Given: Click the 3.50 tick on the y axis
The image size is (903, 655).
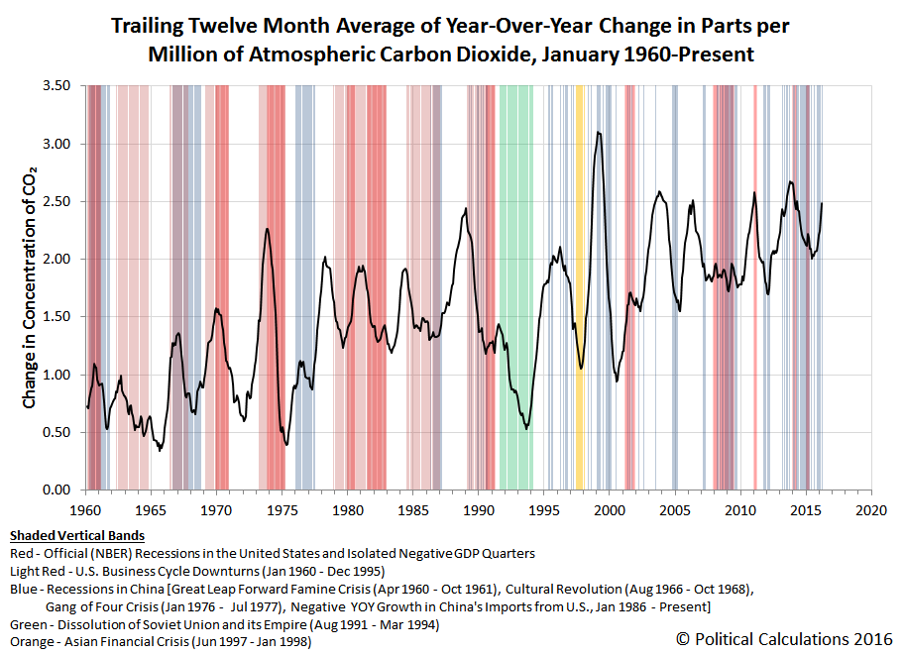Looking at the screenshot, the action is pos(56,86).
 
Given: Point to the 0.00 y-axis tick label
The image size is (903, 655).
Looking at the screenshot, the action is pos(56,490).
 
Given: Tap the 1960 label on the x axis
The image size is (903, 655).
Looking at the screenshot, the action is pos(85,510).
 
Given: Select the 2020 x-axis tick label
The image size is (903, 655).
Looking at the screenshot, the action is pos(871,510).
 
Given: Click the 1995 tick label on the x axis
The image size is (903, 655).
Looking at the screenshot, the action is pos(543,510).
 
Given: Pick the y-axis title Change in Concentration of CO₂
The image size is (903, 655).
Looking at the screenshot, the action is pos(30,287).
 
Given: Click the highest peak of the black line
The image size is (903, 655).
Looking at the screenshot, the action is pos(599,133).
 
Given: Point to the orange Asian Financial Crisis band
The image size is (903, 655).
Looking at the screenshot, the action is pos(580,287).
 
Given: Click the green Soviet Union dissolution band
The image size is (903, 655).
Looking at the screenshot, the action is pos(516,287).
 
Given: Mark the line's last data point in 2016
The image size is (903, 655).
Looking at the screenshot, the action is pos(822,203).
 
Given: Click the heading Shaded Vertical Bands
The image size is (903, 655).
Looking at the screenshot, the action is pos(77,536).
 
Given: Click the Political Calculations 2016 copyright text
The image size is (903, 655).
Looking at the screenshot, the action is pos(784,639).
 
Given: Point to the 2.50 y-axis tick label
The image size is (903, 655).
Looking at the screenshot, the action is pos(56,201).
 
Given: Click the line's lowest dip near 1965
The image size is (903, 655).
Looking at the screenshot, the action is pos(161,450).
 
